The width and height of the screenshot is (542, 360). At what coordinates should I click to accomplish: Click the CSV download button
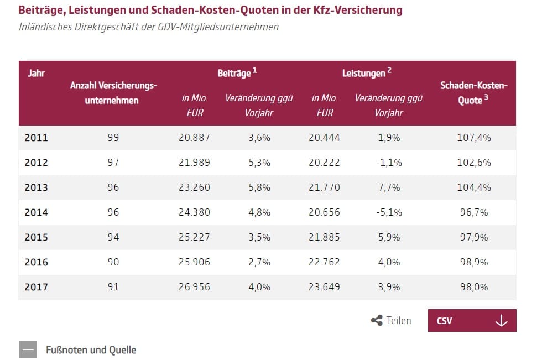pos(472,320)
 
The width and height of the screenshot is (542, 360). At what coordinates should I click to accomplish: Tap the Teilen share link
pos(391,320)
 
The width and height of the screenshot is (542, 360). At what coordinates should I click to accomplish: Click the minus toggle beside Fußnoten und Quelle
pos(28,349)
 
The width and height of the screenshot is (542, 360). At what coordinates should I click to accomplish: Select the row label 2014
pos(37,212)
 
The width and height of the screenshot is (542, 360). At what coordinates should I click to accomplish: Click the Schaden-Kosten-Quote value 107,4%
pos(474,138)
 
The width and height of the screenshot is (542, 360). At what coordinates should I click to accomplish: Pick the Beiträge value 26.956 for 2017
pos(194,287)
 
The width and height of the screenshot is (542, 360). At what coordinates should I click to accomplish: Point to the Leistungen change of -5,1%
pos(389,212)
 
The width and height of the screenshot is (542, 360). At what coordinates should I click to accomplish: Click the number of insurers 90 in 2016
pos(113,262)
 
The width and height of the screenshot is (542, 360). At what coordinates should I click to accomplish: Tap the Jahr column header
pos(37,73)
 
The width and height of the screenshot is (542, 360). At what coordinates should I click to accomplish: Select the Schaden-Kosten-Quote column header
pos(474,92)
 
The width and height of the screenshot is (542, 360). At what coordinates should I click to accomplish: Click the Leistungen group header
pos(367,72)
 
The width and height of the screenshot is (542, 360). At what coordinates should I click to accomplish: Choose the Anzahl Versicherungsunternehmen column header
pos(113,92)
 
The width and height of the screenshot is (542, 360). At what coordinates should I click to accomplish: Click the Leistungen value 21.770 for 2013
pos(324,187)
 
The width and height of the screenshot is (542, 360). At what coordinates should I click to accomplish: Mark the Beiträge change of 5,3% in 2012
pos(259,163)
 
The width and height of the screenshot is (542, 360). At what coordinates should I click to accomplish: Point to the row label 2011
pos(37,138)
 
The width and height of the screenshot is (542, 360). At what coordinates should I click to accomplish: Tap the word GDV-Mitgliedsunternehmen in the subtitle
pos(218,27)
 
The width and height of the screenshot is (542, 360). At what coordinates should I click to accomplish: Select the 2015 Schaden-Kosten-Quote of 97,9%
pos(474,237)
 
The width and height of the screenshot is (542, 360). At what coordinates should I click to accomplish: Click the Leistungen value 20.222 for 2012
pos(324,163)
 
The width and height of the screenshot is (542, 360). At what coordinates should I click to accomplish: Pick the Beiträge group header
pos(237,72)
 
